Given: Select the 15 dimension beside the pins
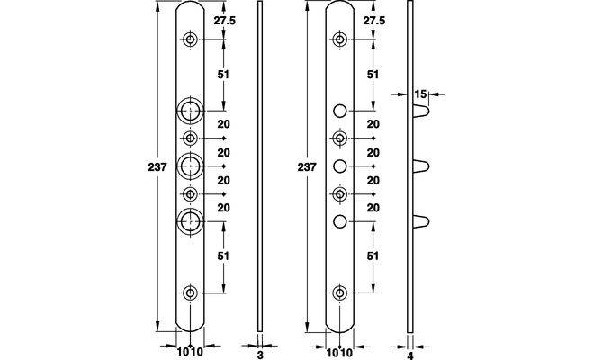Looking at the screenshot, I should click(x=420, y=94).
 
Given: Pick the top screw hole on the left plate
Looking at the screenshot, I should click(x=191, y=40).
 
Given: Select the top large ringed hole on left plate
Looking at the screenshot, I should click(x=191, y=112).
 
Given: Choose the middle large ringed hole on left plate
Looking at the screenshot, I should click(x=191, y=166).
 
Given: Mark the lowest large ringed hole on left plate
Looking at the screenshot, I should click(x=191, y=220).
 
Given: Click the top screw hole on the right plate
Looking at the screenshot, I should click(x=340, y=40).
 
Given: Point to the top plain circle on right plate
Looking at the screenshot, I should click(x=340, y=112).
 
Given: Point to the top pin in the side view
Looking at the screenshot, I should click(x=422, y=112).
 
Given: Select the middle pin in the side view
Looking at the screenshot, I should click(x=422, y=166).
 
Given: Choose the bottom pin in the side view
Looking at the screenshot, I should click(x=422, y=220).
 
